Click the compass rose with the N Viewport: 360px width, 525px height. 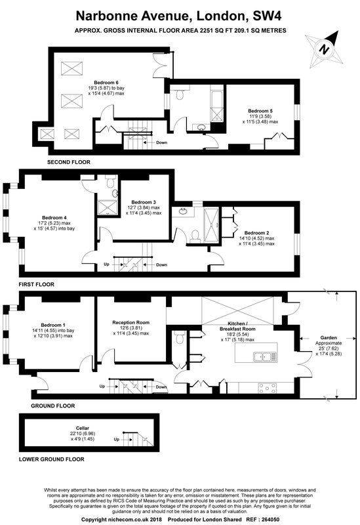[x=324, y=50]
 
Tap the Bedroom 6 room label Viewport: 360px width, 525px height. [x=106, y=83]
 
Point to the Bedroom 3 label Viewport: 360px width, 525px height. [x=144, y=202]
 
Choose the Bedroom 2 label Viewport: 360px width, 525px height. [x=256, y=233]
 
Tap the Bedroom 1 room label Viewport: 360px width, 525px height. [x=53, y=325]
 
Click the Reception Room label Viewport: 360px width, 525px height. [x=130, y=322]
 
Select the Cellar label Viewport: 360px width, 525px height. [x=83, y=429]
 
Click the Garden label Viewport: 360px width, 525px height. [x=329, y=337]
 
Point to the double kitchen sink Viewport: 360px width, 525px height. [x=266, y=357]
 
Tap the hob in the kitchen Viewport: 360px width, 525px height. [x=268, y=388]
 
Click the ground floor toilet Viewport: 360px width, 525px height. [x=180, y=337]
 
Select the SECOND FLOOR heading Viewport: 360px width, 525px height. [x=69, y=162]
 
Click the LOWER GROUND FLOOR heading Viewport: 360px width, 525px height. [x=52, y=459]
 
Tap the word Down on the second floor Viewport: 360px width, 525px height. [x=161, y=142]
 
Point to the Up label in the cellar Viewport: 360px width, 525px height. [x=117, y=439]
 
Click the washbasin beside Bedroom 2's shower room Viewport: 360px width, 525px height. [x=183, y=211]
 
